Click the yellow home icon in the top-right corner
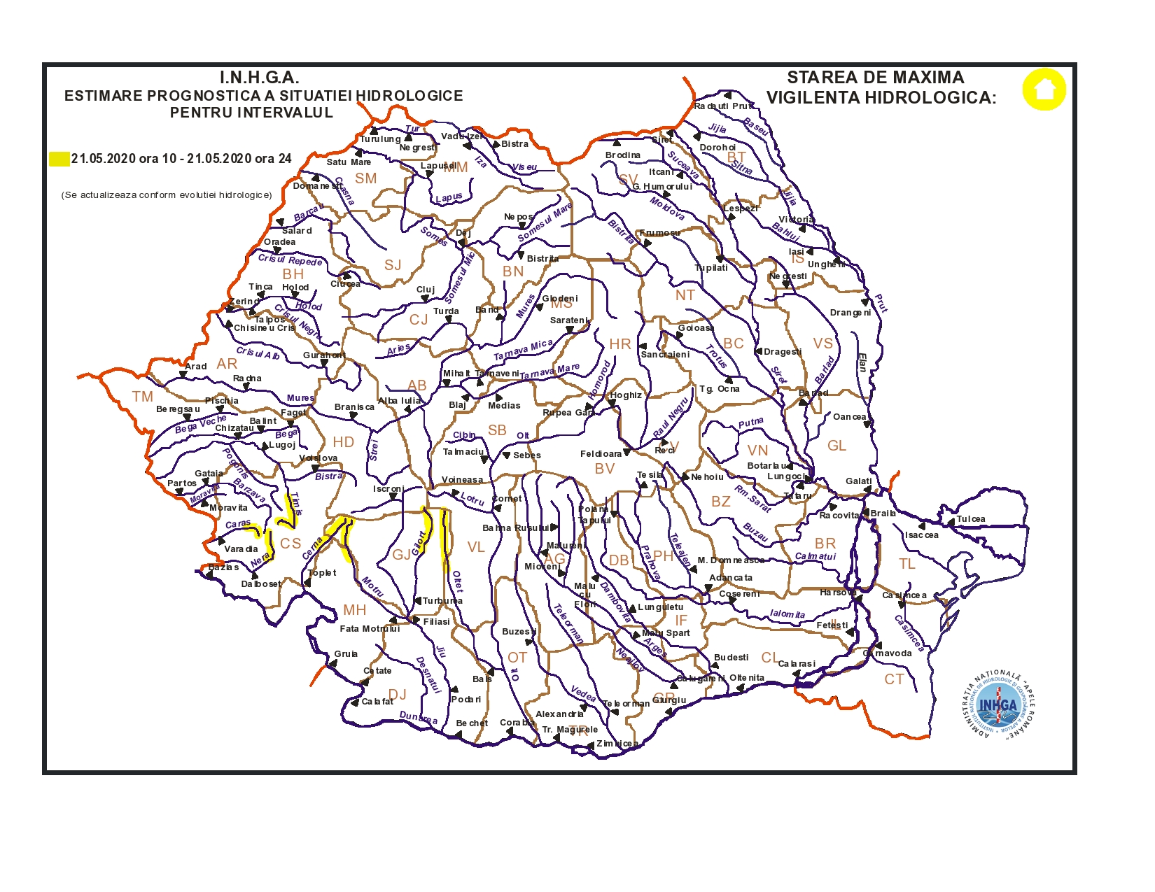point(1044,90)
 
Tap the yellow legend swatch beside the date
point(59,159)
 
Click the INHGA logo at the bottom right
point(998,707)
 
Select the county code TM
point(143,397)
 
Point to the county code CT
point(894,679)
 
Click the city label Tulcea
point(971,519)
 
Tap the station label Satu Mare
point(349,162)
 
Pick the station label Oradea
point(279,242)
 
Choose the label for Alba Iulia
point(400,401)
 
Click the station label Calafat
point(377,702)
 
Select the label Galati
point(859,481)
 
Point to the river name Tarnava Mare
point(549,371)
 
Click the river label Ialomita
point(787,614)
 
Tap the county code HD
point(343,442)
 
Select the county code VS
point(823,344)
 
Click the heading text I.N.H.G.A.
point(259,78)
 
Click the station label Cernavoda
point(888,653)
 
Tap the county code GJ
point(402,555)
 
